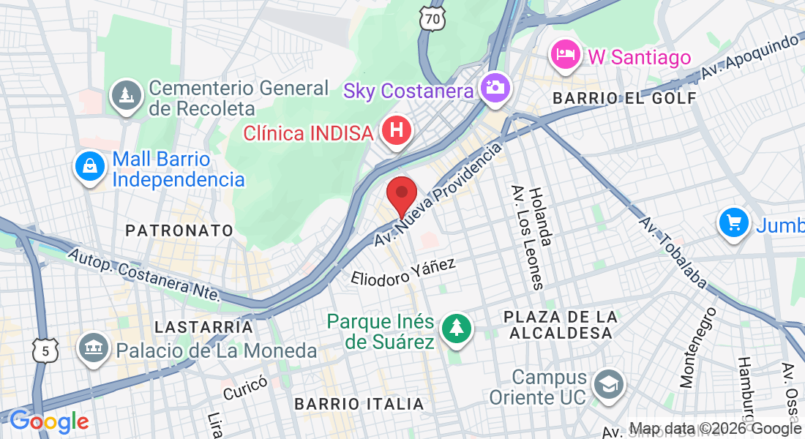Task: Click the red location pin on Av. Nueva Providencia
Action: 401,195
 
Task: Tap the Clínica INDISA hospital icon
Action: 397,132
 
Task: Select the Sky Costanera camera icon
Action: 495,87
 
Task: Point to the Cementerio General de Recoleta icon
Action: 127,96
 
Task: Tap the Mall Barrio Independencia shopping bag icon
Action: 89,167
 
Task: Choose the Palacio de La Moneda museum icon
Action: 94,347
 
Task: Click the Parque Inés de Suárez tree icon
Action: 457,328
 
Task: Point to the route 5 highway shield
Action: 45,350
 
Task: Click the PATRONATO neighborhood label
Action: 179,230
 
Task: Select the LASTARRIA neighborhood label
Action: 203,327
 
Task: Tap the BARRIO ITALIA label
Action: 359,404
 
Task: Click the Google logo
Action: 49,421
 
